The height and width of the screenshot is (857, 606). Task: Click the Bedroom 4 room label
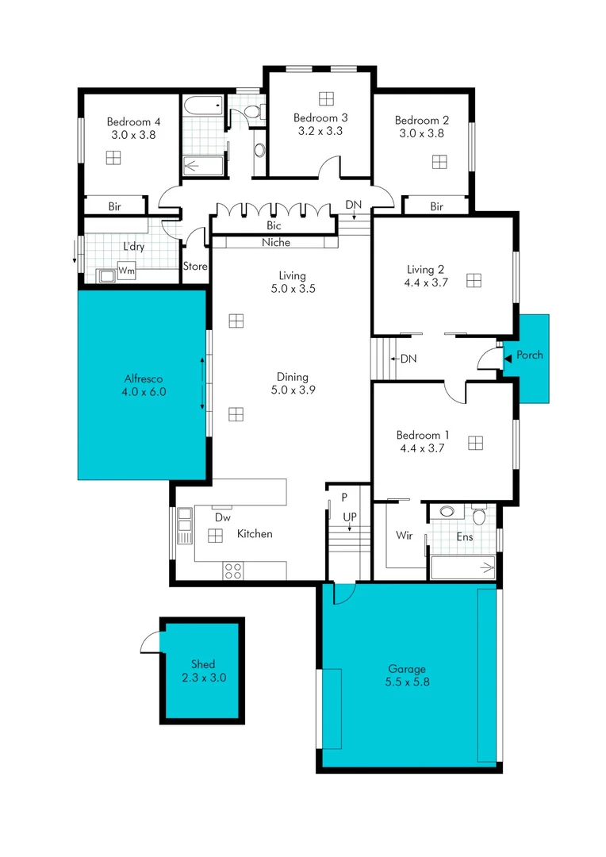tap(134, 122)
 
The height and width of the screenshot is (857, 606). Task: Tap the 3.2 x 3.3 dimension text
tap(320, 131)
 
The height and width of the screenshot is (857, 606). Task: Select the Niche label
tap(276, 243)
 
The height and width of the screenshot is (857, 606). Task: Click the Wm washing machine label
tap(125, 272)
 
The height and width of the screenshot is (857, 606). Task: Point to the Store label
tap(195, 267)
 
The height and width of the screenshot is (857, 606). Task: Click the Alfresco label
tap(144, 379)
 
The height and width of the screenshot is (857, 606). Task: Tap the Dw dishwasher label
tap(223, 517)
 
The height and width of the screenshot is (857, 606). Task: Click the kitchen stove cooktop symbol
tap(233, 569)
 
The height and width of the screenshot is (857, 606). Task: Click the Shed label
tap(202, 664)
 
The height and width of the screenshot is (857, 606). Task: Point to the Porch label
tap(530, 355)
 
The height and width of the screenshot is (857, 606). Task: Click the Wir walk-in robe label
tap(404, 536)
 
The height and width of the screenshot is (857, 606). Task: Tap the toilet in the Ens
tap(478, 516)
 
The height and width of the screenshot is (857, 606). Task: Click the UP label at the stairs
tap(349, 517)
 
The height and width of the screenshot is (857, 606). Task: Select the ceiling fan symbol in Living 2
tap(474, 280)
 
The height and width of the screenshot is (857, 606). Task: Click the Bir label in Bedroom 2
tap(436, 207)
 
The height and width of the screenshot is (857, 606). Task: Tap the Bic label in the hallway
tap(273, 226)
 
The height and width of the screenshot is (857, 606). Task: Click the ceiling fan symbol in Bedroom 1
tap(475, 442)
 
